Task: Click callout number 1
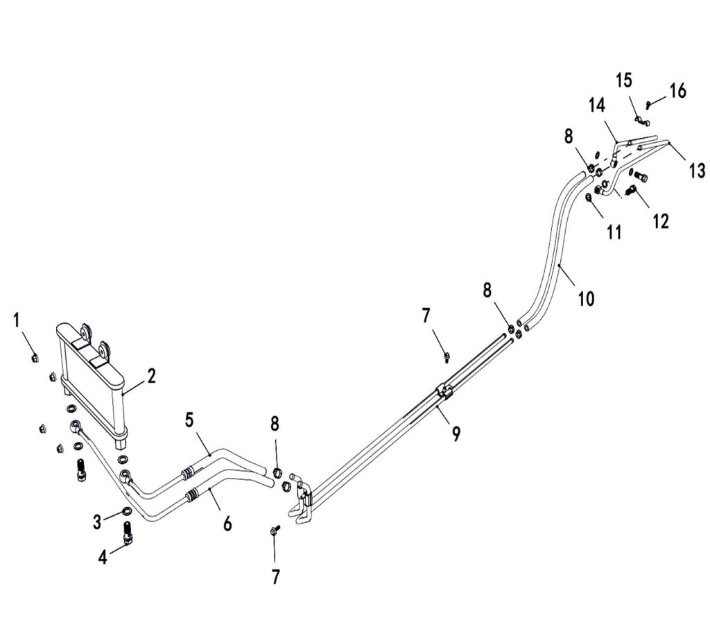17,320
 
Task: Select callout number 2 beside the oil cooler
150,376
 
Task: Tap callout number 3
97,522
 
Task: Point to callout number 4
103,557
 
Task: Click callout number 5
189,420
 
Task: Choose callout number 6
227,524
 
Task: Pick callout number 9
456,434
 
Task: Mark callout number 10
586,298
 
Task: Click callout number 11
614,232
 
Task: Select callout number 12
661,221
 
